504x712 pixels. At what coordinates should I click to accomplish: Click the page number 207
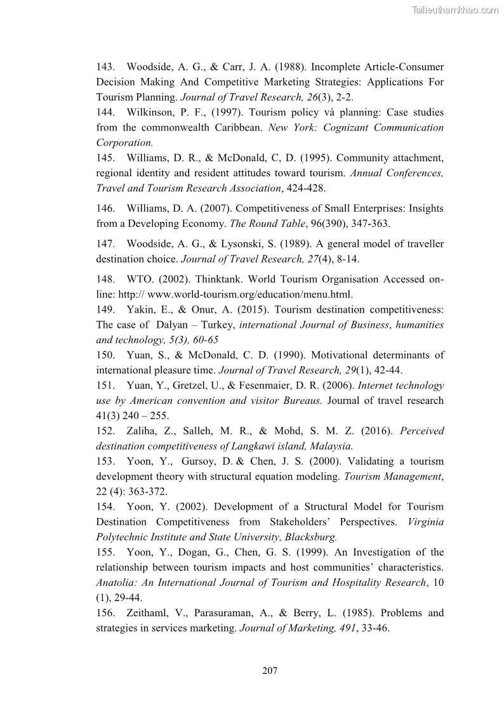tap(270, 671)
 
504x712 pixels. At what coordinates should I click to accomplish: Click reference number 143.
tap(105, 67)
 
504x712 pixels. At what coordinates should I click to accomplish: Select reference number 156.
tap(105, 613)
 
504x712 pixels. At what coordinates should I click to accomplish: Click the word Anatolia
tap(115, 583)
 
